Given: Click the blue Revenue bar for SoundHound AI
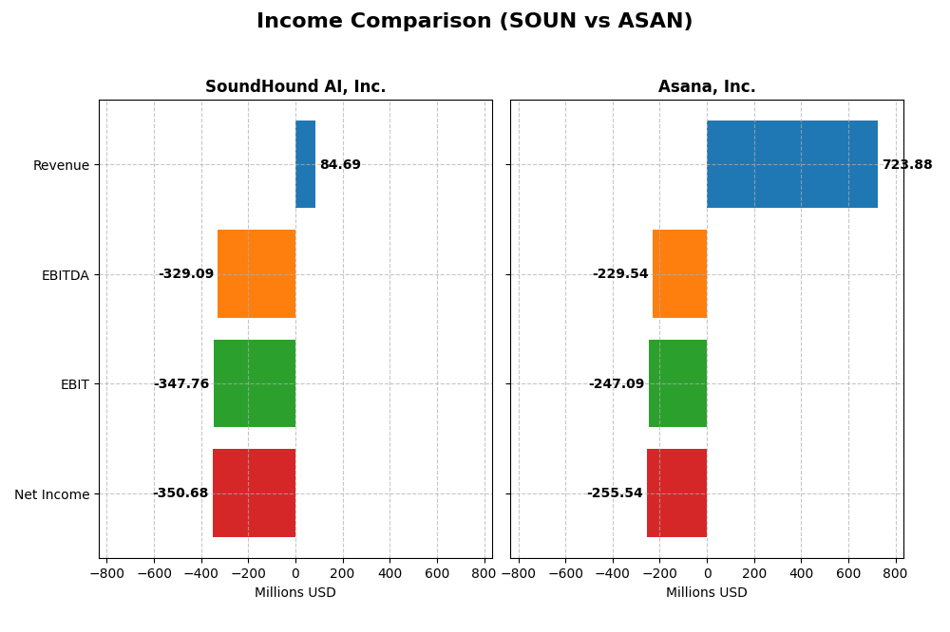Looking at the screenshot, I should [x=305, y=164].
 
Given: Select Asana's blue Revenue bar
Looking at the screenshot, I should [x=791, y=164].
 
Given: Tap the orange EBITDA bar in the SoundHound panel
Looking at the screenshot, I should [x=256, y=273].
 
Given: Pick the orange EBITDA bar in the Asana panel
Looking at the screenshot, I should [x=679, y=273].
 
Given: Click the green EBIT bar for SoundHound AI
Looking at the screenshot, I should [x=255, y=383].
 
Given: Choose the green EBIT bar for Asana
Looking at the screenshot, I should [x=677, y=383].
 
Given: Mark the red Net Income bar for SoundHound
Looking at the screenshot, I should [x=254, y=493].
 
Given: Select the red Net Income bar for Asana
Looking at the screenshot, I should [x=676, y=493].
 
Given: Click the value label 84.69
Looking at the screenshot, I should [x=340, y=165].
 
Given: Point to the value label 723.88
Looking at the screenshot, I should [x=906, y=165].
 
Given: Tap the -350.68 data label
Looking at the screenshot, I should [x=180, y=493].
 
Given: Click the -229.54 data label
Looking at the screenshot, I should [x=620, y=274].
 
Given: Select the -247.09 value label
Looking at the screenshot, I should [x=617, y=384].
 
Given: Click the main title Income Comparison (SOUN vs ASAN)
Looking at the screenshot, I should [x=474, y=22].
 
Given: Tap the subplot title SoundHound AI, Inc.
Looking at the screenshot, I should [x=295, y=87].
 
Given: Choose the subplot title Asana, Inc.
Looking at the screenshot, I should [x=707, y=87].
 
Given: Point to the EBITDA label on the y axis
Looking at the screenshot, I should [x=66, y=275].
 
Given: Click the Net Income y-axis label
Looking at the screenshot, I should [x=52, y=494].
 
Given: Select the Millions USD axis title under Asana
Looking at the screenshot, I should [x=707, y=593].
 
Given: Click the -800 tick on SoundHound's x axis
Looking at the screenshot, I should [x=106, y=573].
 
